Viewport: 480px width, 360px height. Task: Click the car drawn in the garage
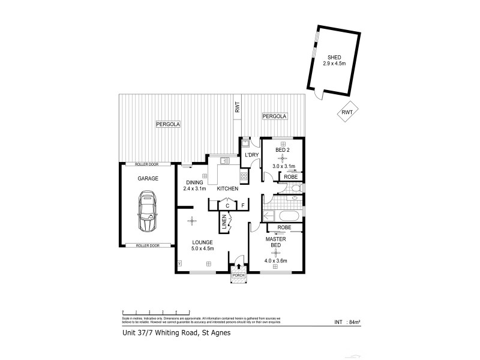[147, 212]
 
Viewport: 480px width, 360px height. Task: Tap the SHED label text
[334, 59]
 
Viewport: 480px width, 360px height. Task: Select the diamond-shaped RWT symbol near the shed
[347, 112]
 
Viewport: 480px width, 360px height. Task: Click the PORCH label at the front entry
[239, 275]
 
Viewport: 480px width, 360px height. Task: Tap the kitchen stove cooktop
[244, 176]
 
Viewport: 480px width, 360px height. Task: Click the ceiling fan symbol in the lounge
[191, 220]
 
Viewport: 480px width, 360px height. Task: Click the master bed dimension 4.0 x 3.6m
[276, 260]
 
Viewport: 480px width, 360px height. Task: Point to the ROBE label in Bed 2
[290, 176]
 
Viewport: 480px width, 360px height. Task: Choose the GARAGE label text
[147, 178]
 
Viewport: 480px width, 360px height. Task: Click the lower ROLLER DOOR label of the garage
[147, 245]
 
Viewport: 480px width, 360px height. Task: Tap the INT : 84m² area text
[346, 322]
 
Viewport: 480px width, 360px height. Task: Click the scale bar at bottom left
[156, 312]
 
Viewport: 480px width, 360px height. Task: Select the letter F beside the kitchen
[243, 206]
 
